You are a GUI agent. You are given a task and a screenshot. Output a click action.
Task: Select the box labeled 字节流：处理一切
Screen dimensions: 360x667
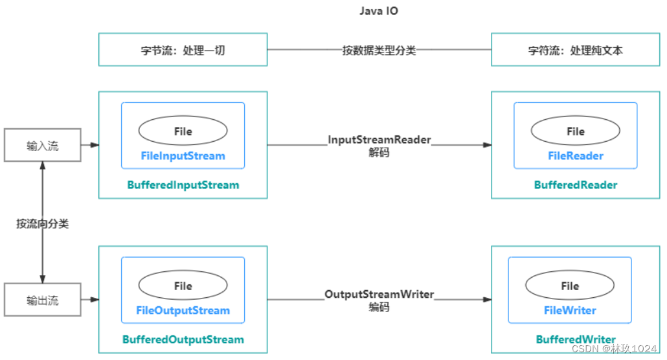(x=183, y=50)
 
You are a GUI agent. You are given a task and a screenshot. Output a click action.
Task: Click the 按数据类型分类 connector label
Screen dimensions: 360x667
(x=379, y=50)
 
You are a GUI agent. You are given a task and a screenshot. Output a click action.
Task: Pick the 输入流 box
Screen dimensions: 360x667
(x=43, y=146)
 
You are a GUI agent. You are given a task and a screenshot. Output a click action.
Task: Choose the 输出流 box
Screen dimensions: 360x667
(x=43, y=300)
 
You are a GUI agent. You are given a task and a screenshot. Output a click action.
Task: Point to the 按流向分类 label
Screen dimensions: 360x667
(x=43, y=224)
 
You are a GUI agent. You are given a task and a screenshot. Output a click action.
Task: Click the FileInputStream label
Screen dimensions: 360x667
(x=183, y=156)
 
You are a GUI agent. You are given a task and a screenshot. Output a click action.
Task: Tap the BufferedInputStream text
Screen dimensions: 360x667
(x=183, y=185)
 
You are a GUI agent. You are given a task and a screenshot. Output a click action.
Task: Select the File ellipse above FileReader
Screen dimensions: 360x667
(x=575, y=131)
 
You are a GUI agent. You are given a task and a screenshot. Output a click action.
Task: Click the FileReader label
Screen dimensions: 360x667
(x=575, y=156)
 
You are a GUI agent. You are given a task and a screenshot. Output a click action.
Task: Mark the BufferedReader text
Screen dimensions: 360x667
(x=575, y=185)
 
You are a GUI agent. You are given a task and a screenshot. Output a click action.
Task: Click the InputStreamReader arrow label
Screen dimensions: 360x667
(x=379, y=140)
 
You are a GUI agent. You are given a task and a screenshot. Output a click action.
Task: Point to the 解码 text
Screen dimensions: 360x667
(x=379, y=153)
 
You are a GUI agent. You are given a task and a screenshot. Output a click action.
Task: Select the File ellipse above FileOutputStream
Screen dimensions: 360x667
(x=183, y=286)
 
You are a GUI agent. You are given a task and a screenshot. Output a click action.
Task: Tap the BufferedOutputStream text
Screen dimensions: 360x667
(x=183, y=339)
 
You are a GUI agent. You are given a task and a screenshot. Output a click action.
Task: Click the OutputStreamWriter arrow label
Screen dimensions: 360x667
(x=379, y=295)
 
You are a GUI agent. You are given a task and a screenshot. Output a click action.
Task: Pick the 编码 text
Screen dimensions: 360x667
(x=379, y=308)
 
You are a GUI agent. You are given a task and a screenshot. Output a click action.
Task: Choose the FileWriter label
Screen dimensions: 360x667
(x=570, y=310)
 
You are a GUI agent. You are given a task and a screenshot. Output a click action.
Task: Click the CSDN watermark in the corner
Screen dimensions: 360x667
(x=615, y=348)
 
